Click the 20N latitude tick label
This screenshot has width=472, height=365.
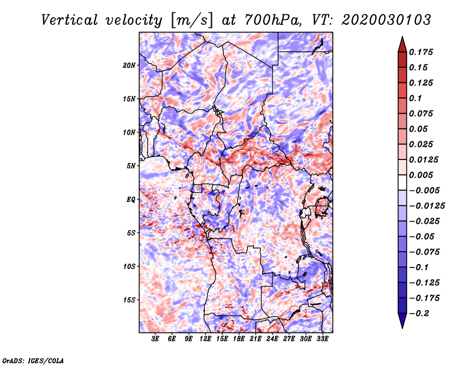click(x=129, y=66)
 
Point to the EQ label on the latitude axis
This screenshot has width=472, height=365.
click(x=130, y=200)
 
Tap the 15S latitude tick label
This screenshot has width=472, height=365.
click(x=129, y=300)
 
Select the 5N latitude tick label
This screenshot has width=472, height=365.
click(x=131, y=166)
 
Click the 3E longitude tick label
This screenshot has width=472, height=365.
click(x=155, y=339)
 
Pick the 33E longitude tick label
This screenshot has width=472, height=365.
click(x=322, y=339)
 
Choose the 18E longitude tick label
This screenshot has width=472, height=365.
click(x=239, y=339)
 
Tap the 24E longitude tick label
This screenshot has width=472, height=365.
click(x=272, y=339)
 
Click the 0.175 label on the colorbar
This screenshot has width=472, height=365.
click(x=421, y=52)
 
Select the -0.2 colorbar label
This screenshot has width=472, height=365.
click(x=419, y=314)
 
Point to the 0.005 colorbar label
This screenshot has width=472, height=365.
click(x=421, y=175)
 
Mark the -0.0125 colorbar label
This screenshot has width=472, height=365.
click(x=427, y=206)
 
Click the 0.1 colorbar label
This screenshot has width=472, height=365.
click(x=415, y=98)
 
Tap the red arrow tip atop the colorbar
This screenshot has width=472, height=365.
click(x=402, y=37)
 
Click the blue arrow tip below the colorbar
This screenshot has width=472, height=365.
click(x=402, y=328)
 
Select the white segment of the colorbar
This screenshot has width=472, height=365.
click(x=402, y=182)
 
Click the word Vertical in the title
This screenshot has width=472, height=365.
click(x=70, y=20)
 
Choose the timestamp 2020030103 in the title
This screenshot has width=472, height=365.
click(x=386, y=20)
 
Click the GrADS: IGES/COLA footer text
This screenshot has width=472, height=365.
click(x=33, y=361)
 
